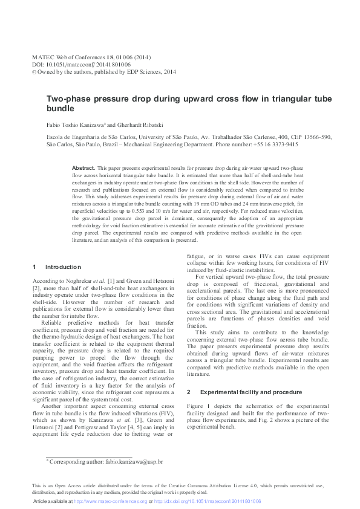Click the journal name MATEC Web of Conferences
[x=70, y=57]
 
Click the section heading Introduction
[x=63, y=267]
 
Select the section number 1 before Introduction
[x=34, y=267]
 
